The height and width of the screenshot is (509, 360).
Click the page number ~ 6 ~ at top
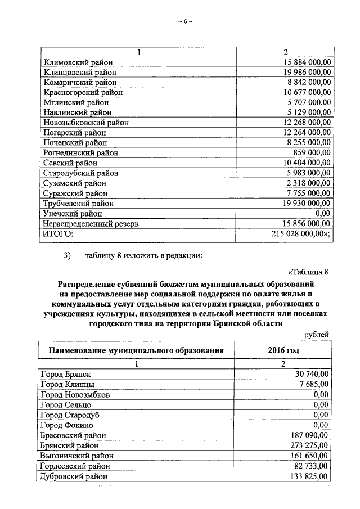pos(185,21)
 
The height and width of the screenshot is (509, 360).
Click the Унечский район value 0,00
pos(322,214)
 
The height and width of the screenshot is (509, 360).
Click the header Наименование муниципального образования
pos(136,350)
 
